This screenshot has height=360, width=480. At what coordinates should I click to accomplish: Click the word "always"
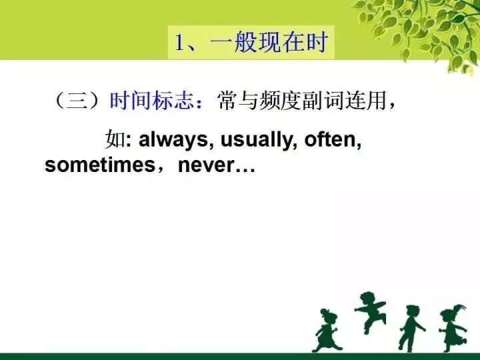click(174, 141)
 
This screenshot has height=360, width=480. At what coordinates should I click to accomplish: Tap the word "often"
click(332, 141)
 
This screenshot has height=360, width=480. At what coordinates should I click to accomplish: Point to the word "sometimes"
click(99, 165)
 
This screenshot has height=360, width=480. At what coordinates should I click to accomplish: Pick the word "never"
click(205, 165)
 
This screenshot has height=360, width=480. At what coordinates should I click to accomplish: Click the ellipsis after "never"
click(245, 167)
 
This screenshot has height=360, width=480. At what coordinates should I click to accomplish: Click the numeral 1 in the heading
click(179, 43)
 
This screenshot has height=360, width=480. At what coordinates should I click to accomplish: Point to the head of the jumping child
click(367, 299)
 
